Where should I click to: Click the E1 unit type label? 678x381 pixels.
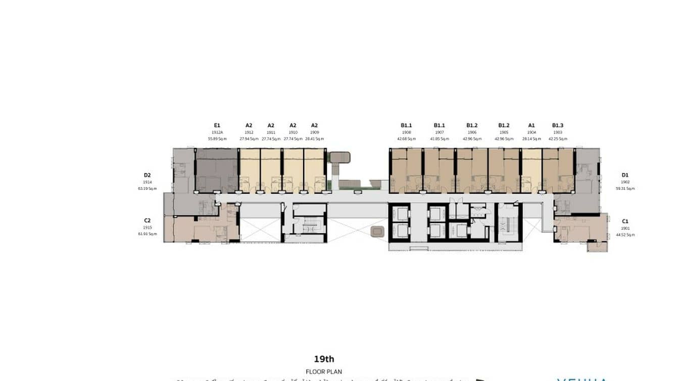217,125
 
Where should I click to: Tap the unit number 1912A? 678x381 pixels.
217,132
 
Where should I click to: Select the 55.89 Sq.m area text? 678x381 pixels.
217,138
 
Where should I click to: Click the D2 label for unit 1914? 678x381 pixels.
147,175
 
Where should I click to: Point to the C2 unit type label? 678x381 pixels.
147,221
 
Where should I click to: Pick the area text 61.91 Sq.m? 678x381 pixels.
147,234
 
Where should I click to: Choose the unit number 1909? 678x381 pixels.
314,132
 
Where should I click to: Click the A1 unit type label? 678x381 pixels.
531,125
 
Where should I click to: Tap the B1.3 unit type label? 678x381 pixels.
557,125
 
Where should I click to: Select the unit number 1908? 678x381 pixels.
406,132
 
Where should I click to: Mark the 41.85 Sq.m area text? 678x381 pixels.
439,138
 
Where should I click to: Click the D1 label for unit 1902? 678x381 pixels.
625,175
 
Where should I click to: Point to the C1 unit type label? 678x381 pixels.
625,221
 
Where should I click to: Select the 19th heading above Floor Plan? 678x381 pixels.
324,359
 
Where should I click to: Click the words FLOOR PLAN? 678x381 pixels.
324,372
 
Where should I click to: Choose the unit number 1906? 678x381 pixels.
472,132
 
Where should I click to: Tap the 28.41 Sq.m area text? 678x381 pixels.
314,138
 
